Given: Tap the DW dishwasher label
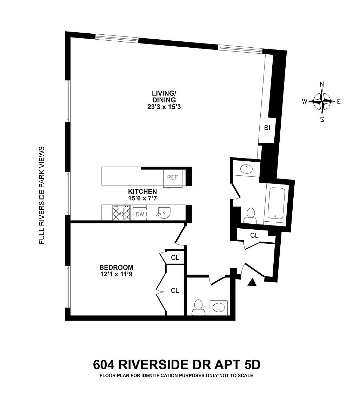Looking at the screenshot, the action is pyautogui.click(x=140, y=214).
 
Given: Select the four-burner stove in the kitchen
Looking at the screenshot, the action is pyautogui.click(x=121, y=213).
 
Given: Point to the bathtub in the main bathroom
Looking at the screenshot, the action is pyautogui.click(x=276, y=203).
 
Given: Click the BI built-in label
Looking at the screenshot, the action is pyautogui.click(x=267, y=128).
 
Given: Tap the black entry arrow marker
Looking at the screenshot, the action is pyautogui.click(x=252, y=282).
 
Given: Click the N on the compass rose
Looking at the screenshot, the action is pyautogui.click(x=322, y=84).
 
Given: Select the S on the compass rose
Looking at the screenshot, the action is pyautogui.click(x=322, y=120).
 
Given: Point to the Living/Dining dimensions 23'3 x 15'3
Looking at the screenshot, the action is pyautogui.click(x=164, y=107).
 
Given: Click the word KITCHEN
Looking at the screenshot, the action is pyautogui.click(x=142, y=192).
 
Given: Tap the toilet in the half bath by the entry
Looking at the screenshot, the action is pyautogui.click(x=198, y=308).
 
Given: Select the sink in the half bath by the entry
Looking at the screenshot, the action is pyautogui.click(x=219, y=308).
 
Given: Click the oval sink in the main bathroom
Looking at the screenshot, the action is pyautogui.click(x=247, y=169).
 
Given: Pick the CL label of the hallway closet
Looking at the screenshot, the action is pyautogui.click(x=254, y=235).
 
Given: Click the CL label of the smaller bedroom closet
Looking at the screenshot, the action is pyautogui.click(x=175, y=258).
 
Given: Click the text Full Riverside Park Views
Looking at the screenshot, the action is pyautogui.click(x=41, y=195).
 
